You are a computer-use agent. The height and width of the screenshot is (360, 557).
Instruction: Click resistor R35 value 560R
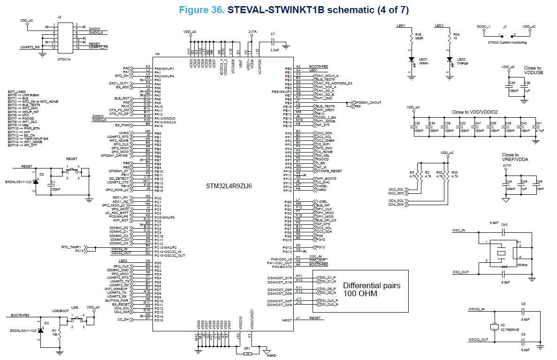[x=419, y=38]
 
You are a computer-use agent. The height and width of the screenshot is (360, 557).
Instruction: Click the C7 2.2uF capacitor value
[x=275, y=49]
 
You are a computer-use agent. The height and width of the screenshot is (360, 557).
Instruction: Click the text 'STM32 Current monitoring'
[x=507, y=43]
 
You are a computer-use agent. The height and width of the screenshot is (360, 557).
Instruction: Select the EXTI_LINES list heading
[x=17, y=92]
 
